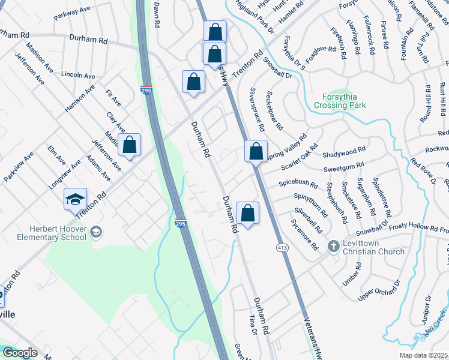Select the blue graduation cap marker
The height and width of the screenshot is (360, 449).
click(76, 200)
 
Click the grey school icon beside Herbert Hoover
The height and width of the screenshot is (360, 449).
click(96, 231)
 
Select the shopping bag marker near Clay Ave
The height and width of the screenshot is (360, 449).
click(129, 145)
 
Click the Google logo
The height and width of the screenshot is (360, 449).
click(20, 353)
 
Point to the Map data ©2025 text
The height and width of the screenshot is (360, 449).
click(423, 355)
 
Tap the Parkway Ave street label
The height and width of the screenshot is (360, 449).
click(71, 14)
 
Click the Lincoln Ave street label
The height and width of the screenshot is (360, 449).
click(78, 76)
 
